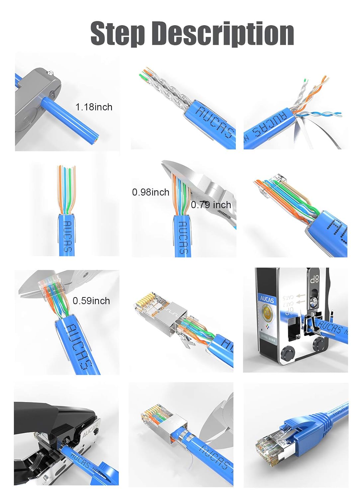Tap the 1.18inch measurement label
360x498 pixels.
click(x=94, y=107)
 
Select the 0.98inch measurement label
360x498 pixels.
click(x=150, y=192)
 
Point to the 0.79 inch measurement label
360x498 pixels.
click(x=211, y=205)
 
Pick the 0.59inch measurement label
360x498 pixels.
click(x=91, y=301)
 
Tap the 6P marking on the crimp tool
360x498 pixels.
click(x=289, y=311)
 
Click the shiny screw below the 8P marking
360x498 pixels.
click(x=313, y=301)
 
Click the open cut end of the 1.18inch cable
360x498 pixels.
click(x=97, y=139)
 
